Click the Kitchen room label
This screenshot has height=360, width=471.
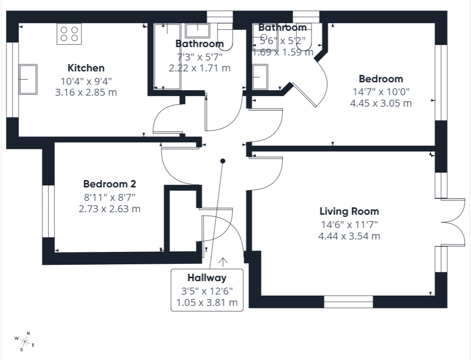(x=86, y=68)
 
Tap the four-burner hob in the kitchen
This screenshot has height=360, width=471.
(x=69, y=34)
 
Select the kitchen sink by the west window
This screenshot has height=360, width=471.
(x=28, y=79)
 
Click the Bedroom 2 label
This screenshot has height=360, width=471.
(x=110, y=183)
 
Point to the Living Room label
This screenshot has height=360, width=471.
(x=349, y=211)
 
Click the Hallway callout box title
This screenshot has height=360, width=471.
(x=207, y=278)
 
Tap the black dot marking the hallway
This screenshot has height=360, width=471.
(x=222, y=161)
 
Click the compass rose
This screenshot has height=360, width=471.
(x=25, y=341)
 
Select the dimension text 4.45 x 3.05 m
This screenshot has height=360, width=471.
(x=381, y=103)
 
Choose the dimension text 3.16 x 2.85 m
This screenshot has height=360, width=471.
(x=86, y=92)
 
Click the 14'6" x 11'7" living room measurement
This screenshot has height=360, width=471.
(x=349, y=224)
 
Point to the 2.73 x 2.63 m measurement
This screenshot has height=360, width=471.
(x=110, y=209)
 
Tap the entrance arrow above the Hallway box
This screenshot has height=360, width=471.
(x=222, y=262)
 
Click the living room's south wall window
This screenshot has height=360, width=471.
(x=348, y=302)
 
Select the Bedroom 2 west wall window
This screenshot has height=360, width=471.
(x=48, y=211)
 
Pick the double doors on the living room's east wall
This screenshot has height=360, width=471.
(x=453, y=222)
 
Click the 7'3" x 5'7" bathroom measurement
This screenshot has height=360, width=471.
(x=200, y=57)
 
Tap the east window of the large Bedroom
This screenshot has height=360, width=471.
(x=441, y=83)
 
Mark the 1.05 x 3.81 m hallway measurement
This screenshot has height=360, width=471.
(x=207, y=302)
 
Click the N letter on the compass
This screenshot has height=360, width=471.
(x=28, y=333)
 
